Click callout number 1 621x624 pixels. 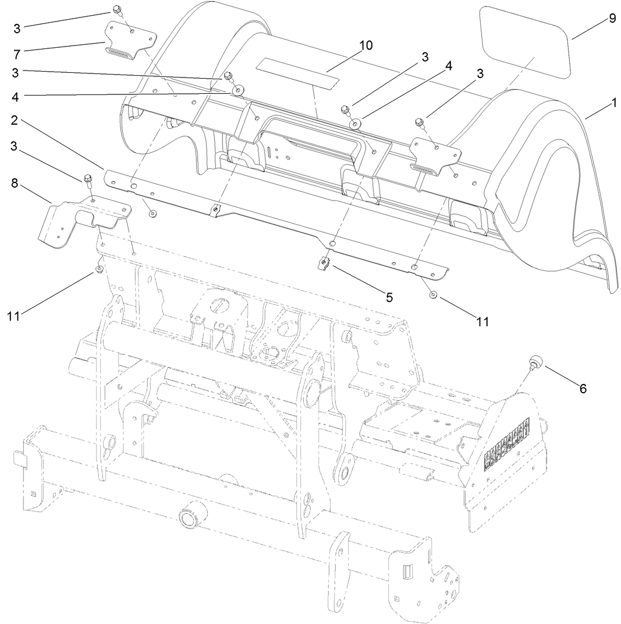[x=613, y=103]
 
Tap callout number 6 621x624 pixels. [x=581, y=389]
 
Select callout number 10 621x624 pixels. [x=366, y=45]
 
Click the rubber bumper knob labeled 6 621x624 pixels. [x=534, y=363]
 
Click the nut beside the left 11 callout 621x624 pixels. [x=99, y=269]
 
